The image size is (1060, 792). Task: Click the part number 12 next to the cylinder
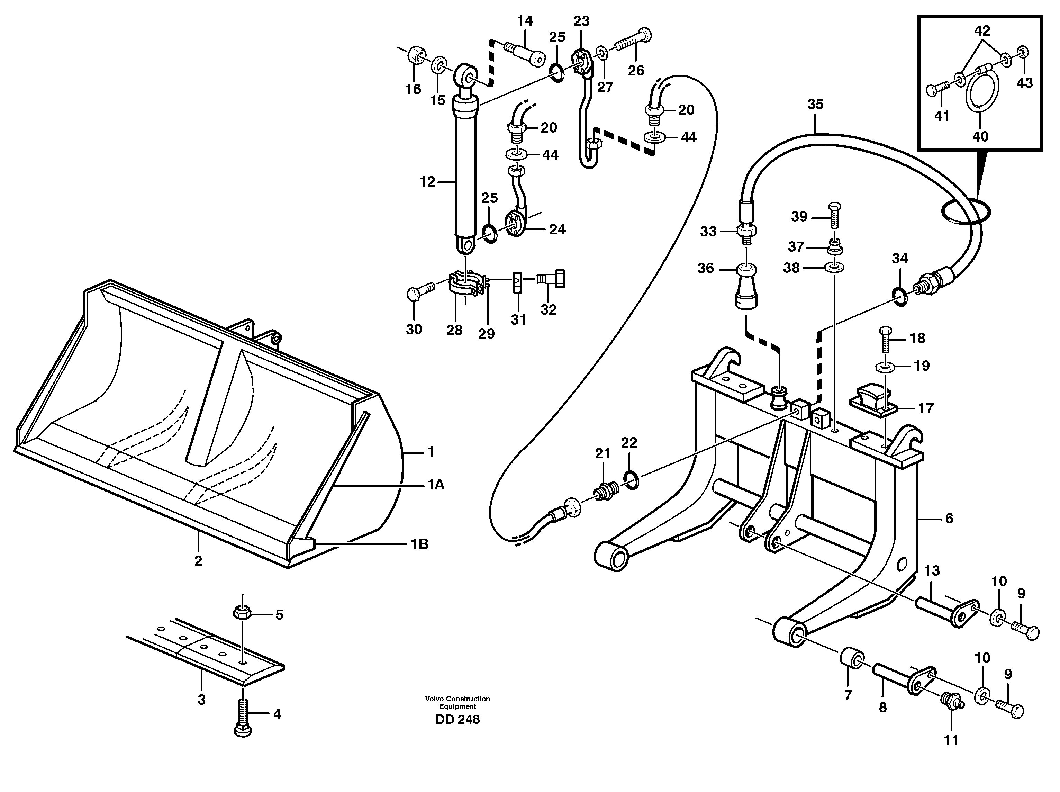pos(427,182)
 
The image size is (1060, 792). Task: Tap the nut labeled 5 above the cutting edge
pos(242,612)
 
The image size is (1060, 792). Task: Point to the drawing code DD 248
pos(457,720)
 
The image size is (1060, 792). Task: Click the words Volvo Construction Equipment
pos(457,702)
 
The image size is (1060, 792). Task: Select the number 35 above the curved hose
pos(815,104)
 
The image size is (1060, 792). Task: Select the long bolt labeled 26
pos(632,42)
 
